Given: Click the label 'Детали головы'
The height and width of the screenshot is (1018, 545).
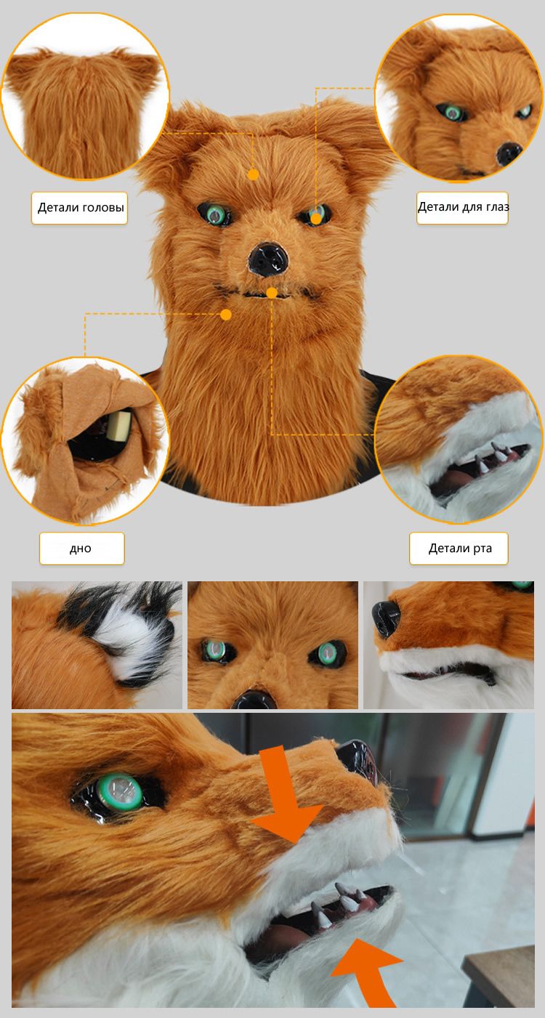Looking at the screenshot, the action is coord(81,208).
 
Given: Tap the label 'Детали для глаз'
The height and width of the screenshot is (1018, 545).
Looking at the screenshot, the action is coord(463,207).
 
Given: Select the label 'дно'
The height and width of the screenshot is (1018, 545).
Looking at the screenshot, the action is coord(81,549).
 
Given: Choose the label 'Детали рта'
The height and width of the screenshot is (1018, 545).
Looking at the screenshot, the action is coord(460,549).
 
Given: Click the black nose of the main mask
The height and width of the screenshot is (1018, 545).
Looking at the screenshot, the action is coord(268,260).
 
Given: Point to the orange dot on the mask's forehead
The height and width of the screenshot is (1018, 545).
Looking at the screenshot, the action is coord(253,174).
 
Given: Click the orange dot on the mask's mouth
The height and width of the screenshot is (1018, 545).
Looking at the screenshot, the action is coord(272,293).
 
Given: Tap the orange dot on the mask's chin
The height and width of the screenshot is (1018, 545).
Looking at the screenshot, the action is coord(226,315).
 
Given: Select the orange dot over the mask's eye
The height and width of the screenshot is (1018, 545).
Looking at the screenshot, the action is coord(316,219).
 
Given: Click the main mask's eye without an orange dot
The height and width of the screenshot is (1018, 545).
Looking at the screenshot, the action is coord(215,214).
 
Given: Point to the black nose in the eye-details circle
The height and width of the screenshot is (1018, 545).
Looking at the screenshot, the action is coord(509,153).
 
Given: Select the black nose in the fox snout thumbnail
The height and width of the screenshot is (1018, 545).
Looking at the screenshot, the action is coord(385,618).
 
